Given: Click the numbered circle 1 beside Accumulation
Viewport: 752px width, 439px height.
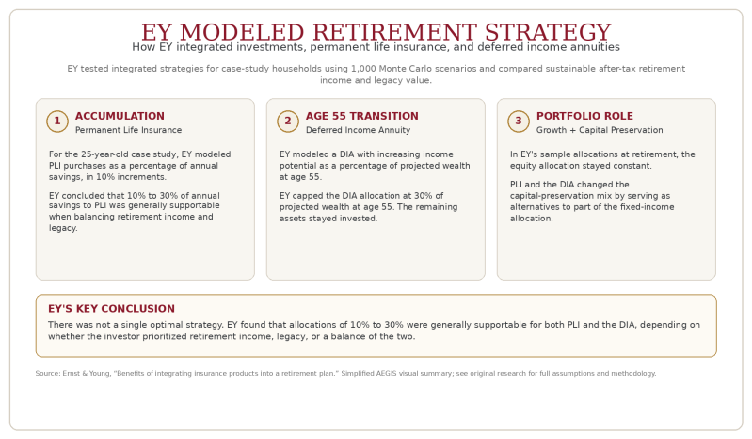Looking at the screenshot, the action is [x=57, y=122].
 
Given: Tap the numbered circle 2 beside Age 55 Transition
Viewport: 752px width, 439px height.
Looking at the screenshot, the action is [x=288, y=122].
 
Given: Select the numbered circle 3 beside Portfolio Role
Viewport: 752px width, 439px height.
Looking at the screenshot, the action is [x=519, y=122].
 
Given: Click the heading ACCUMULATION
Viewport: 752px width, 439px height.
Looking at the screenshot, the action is [x=120, y=116].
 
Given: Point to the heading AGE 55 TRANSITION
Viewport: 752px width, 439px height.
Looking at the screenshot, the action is [x=362, y=116].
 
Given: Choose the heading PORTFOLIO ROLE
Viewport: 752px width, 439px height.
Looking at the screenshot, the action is [x=584, y=116].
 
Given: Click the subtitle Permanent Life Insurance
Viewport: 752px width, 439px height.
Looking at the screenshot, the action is [x=129, y=130].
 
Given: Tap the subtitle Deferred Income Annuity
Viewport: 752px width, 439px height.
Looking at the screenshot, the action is [x=359, y=130].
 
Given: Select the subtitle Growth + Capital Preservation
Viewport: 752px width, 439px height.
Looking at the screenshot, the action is [x=600, y=130].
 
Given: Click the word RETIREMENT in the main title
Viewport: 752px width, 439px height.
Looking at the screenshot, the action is [x=394, y=33].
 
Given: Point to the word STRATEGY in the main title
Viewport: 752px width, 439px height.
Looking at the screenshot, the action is [x=548, y=33].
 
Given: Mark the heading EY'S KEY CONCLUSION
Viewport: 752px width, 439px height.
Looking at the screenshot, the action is [x=111, y=309].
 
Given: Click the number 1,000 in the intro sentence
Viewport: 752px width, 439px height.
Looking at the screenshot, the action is [x=363, y=69].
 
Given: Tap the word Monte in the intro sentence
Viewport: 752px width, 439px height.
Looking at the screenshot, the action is [x=392, y=69].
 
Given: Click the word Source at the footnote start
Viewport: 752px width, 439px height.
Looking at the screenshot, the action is [x=48, y=373].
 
